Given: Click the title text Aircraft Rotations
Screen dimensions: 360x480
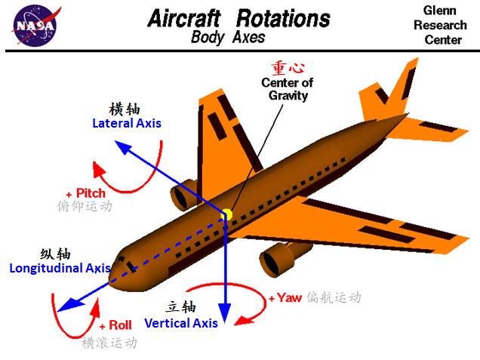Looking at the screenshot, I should [238, 18].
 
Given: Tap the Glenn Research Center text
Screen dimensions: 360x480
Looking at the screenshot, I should [439, 25].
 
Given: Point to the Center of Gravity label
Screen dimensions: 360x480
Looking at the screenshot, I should [287, 88].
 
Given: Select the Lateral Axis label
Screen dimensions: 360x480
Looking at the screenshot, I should [126, 122].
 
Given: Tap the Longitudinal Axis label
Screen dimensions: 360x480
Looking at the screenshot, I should [60, 267].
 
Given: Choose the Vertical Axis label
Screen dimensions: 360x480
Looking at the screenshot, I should [181, 323].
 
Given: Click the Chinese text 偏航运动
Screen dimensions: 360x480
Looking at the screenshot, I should [334, 297].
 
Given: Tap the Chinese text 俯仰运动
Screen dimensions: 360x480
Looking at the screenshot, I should [84, 206].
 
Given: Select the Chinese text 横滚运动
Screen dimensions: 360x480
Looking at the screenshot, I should [110, 342].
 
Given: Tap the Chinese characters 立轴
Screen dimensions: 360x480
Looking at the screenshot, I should [181, 307].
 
